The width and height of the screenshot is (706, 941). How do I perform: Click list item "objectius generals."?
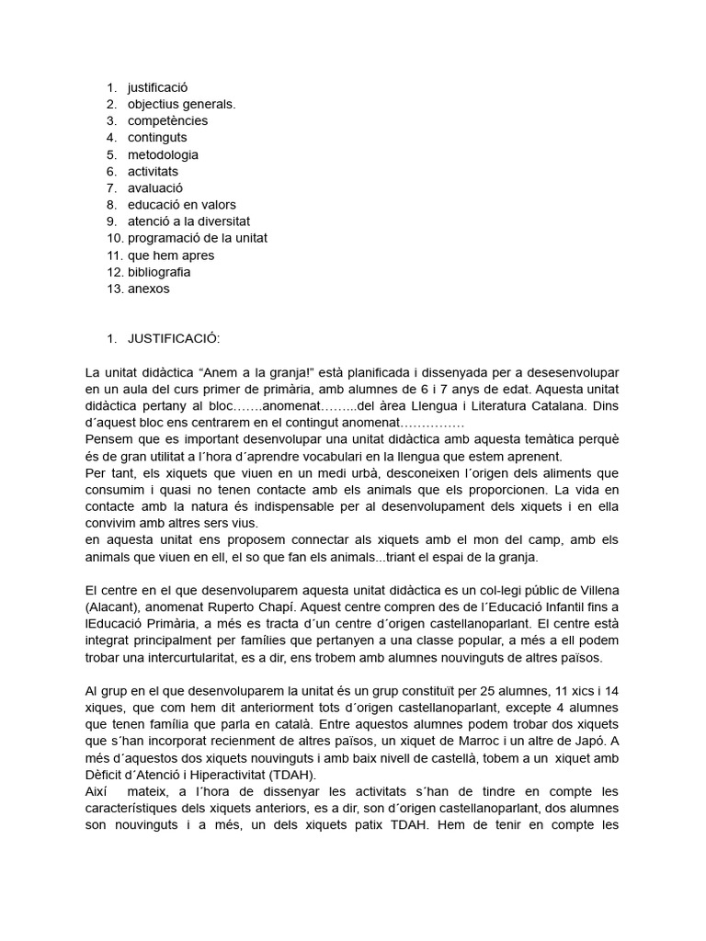coord(181,104)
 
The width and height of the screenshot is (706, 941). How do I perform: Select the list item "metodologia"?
coord(163,154)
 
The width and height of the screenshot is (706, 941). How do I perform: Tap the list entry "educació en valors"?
coord(181,204)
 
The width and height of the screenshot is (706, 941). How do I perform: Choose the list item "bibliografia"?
coord(159,272)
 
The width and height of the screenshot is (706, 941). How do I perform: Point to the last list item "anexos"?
coord(148,289)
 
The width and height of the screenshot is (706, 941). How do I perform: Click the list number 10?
coord(113,238)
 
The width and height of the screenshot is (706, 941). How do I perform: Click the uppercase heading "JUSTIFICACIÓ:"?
coord(174,339)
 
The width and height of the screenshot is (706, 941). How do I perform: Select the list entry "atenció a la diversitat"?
coord(188,221)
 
